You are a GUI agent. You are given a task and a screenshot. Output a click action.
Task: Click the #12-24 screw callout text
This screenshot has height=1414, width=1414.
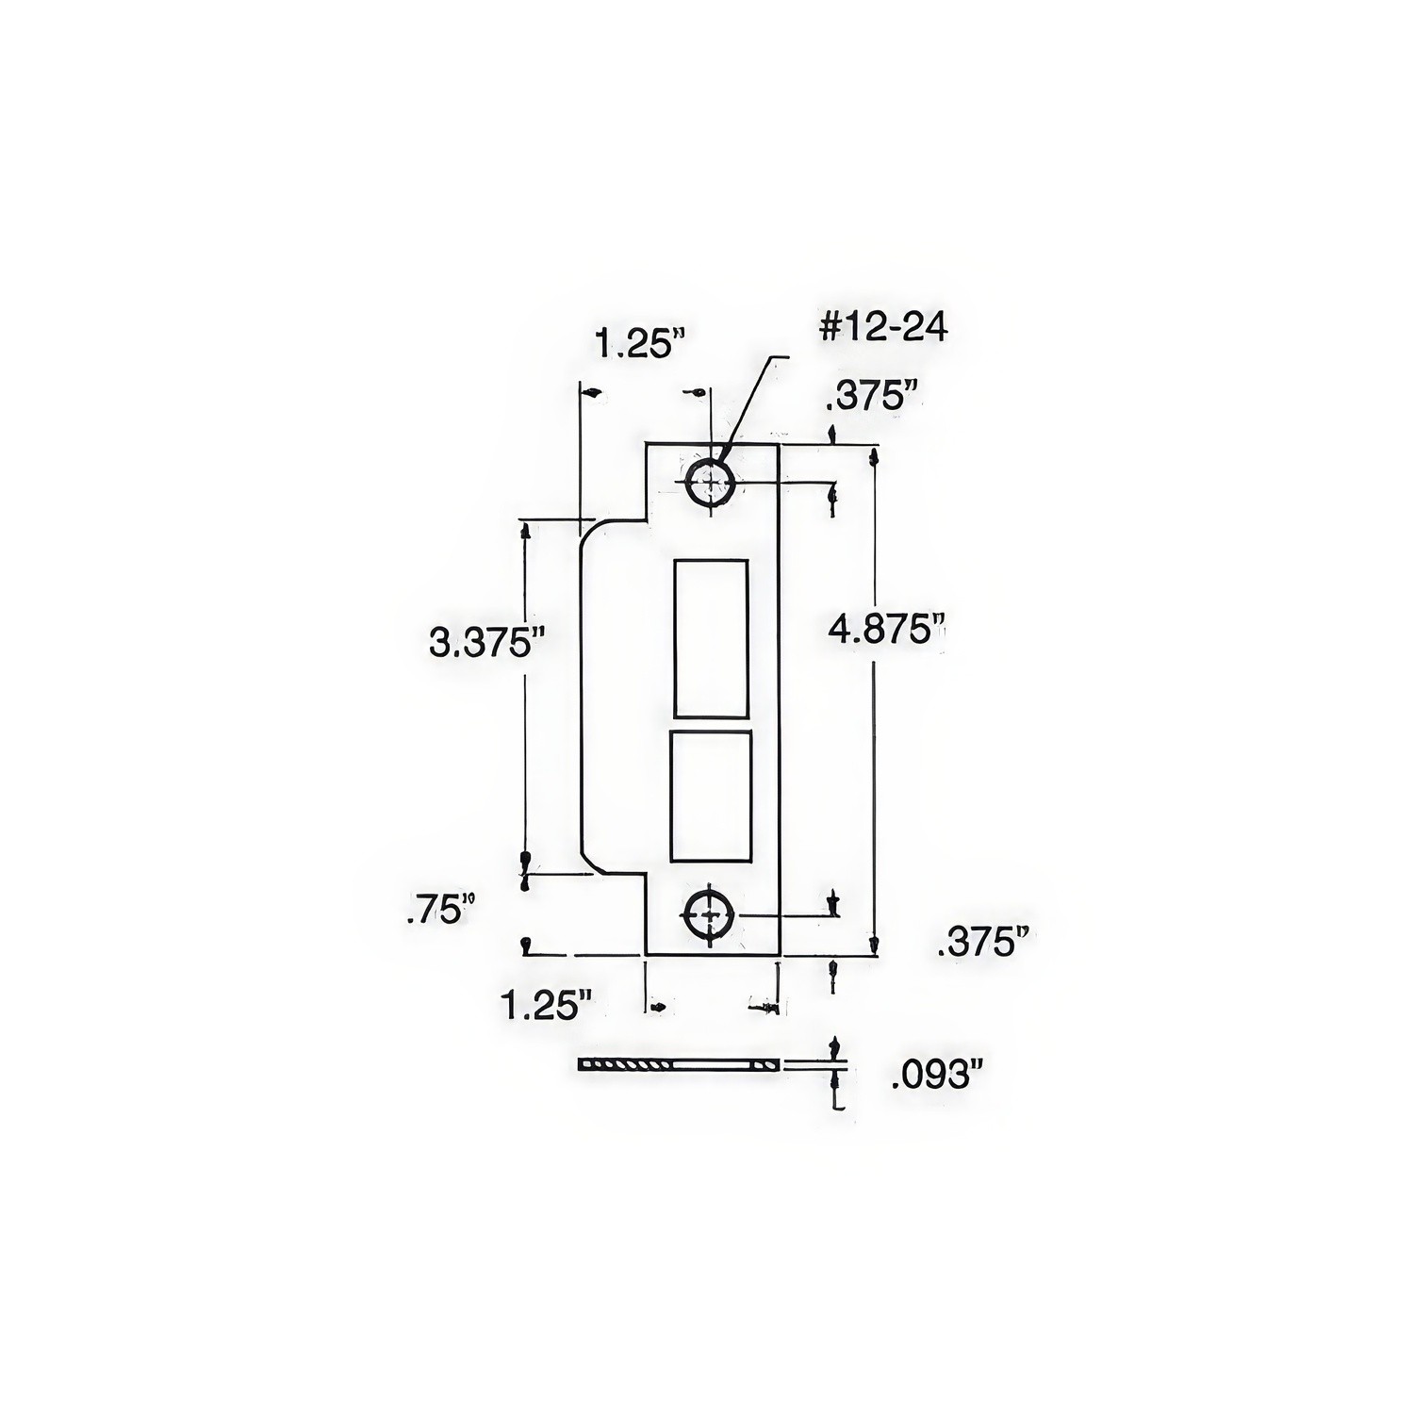(x=883, y=327)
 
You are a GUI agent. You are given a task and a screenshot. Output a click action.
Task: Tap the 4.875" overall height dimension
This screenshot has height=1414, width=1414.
(x=886, y=630)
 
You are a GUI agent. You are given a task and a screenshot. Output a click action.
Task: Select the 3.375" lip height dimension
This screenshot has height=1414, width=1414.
(x=487, y=644)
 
